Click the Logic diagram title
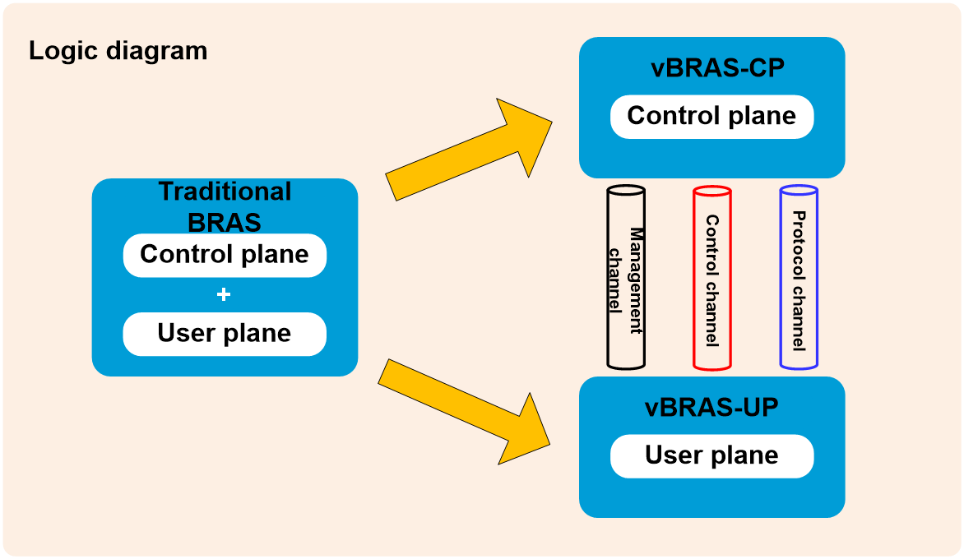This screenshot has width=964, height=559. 118,51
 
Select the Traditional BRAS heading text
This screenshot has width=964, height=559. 225,206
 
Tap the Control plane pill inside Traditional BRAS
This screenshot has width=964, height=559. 225,255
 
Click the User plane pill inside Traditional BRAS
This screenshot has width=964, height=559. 225,334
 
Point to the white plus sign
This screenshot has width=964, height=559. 224,295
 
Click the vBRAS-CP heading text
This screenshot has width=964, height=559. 717,67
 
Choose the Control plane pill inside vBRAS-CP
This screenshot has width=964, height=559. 712,116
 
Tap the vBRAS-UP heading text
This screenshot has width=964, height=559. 712,407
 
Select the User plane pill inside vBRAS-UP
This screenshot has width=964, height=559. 712,455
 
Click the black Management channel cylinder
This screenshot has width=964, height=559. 626,278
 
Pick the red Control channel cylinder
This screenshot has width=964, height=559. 712,278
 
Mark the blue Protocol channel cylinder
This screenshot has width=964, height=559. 799,278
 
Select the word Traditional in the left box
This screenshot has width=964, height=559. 225,191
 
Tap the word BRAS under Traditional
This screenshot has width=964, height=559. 225,223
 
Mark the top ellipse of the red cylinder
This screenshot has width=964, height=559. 712,192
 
